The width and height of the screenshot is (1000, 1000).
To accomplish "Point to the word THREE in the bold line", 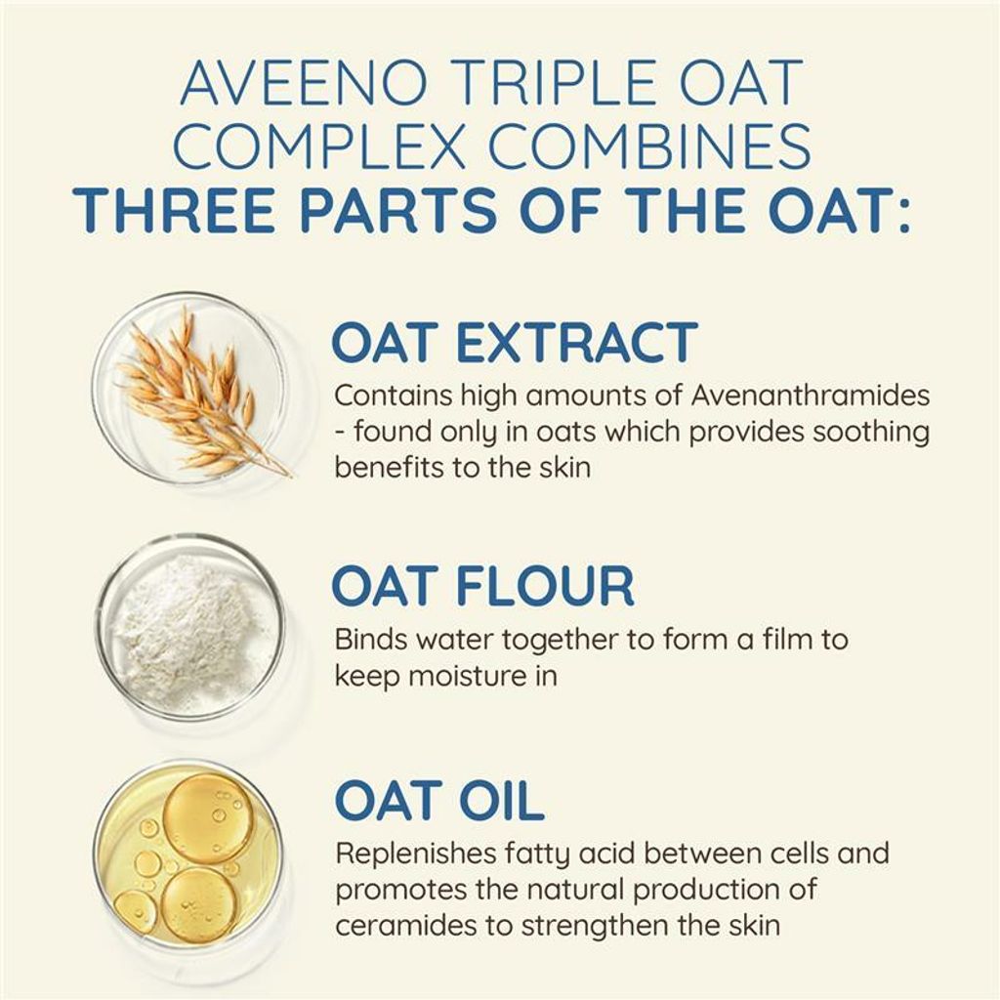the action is [174, 210].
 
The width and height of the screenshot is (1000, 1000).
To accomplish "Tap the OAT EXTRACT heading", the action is [515, 343].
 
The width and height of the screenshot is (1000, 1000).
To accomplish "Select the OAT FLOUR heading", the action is [482, 585].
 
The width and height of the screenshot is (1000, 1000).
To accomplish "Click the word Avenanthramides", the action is [811, 396].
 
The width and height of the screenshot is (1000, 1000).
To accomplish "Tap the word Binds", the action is [371, 639].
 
